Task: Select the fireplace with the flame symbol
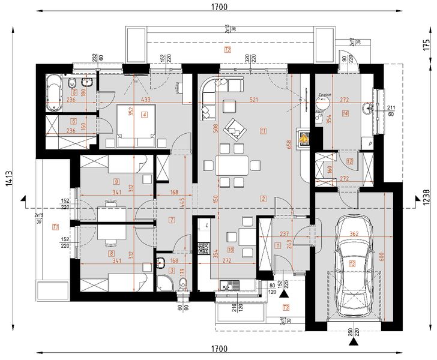(x=304, y=138)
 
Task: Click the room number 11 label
(x=263, y=130)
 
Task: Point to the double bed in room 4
(x=136, y=124)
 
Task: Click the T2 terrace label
(x=227, y=50)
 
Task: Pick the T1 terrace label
(x=55, y=227)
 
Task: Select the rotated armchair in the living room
(x=235, y=127)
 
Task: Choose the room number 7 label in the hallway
(x=172, y=220)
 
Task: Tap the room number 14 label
(x=345, y=113)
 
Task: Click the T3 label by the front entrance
(x=286, y=308)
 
